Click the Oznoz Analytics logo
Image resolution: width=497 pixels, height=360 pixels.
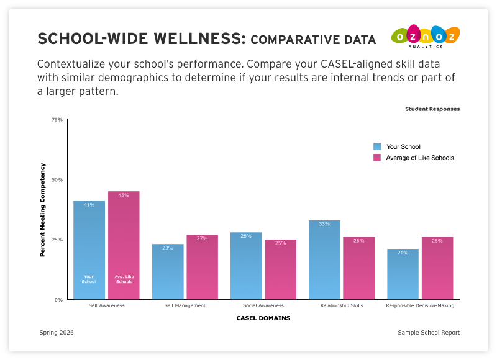coord(426,38)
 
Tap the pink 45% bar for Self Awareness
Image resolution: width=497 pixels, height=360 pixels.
coord(124,245)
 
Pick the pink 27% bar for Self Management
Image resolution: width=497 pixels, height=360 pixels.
coord(203,267)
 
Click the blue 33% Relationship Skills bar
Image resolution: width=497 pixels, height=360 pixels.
coord(324,260)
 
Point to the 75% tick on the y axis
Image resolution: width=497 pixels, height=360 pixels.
coord(57,120)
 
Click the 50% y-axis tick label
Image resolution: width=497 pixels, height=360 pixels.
coord(57,180)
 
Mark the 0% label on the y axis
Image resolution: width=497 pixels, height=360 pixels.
coord(58,300)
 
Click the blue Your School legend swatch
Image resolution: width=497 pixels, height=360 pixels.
coord(377,146)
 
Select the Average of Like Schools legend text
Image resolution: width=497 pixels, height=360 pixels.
coord(420,158)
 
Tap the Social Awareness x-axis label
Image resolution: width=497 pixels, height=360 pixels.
coord(263,305)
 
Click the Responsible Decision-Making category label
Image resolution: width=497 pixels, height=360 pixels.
coord(420,305)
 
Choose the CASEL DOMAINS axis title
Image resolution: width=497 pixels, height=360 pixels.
coord(263,318)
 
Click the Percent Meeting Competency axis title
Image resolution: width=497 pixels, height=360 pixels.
coord(43,210)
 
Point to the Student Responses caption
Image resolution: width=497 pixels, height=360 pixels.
coord(432,109)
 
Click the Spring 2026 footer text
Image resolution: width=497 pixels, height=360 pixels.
coord(57,333)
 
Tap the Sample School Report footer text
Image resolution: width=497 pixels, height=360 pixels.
coord(429,333)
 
